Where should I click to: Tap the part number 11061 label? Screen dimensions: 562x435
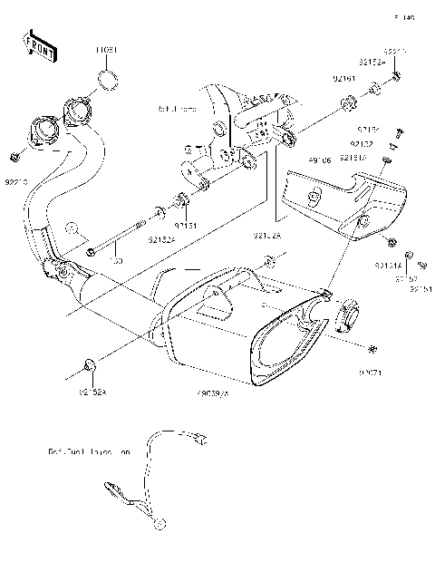[108, 50]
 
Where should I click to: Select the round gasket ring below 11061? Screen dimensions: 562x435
[108, 79]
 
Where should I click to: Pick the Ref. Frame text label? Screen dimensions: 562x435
[178, 109]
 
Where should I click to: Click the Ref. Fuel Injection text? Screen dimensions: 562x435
[91, 450]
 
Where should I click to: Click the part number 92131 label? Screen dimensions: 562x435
[186, 220]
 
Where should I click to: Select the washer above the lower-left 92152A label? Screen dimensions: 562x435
[89, 364]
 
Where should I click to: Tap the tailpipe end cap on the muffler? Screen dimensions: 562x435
[349, 318]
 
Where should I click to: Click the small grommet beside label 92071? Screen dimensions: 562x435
[372, 349]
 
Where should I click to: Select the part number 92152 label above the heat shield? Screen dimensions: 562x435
[361, 143]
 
